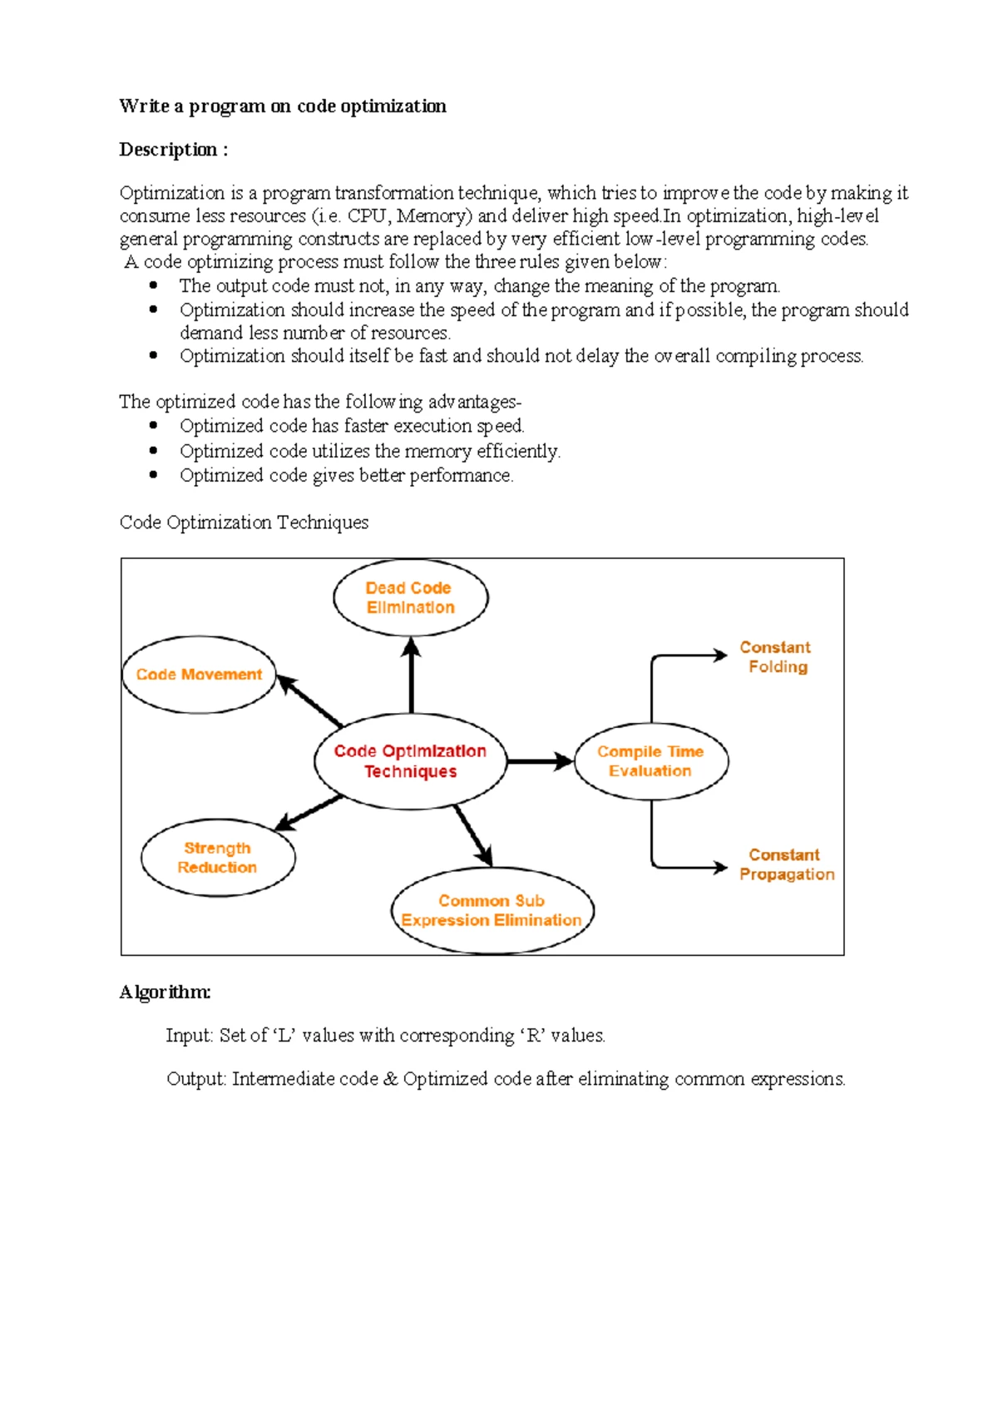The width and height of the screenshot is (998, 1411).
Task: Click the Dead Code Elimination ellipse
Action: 410,597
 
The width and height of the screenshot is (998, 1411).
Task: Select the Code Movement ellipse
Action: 199,675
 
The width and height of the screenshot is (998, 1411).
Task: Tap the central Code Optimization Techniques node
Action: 410,760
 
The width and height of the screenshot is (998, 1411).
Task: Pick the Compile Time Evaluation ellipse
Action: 650,761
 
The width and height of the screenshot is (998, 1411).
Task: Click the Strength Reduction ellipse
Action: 217,858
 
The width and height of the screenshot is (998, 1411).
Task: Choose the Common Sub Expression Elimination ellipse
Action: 492,911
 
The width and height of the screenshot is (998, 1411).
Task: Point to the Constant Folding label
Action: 776,657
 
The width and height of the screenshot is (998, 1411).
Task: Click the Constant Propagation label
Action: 786,864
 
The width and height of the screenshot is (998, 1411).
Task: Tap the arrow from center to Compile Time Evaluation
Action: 540,761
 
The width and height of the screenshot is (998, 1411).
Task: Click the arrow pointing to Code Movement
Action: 309,701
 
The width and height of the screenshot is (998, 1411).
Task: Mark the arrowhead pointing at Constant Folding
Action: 720,656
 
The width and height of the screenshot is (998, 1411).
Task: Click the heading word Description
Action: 168,150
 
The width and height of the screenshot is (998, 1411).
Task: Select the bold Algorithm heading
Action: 165,993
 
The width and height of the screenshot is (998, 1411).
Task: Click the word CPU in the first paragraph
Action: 366,216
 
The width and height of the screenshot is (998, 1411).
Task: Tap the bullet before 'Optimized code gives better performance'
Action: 153,475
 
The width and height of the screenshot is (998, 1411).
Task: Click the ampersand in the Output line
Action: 390,1079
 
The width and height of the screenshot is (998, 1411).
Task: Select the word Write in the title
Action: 144,106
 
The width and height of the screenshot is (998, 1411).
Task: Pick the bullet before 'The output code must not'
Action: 153,285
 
